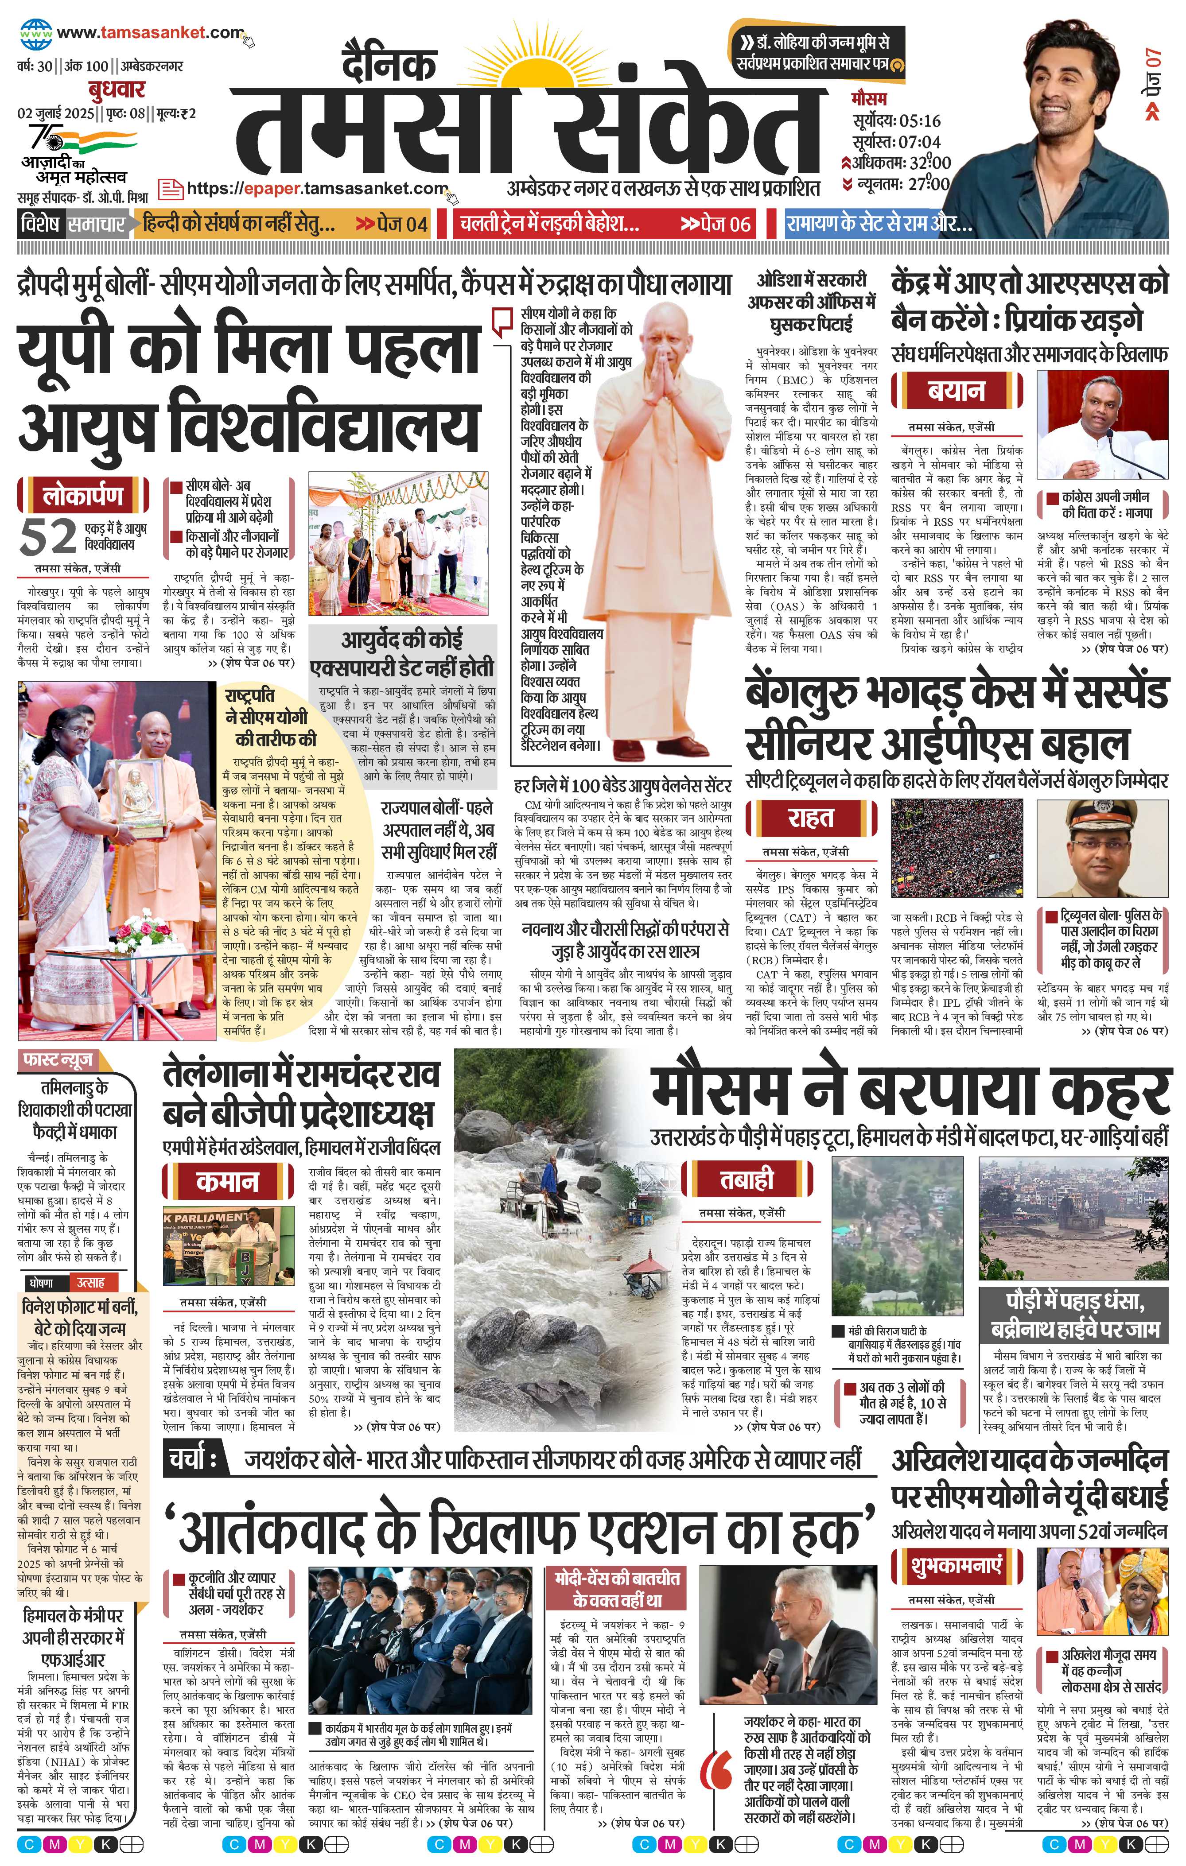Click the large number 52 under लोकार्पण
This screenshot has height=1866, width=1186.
(48, 536)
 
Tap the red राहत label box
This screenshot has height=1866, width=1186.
(811, 818)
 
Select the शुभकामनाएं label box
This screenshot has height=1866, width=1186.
(957, 1564)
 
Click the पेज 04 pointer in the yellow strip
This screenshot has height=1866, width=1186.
(392, 225)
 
